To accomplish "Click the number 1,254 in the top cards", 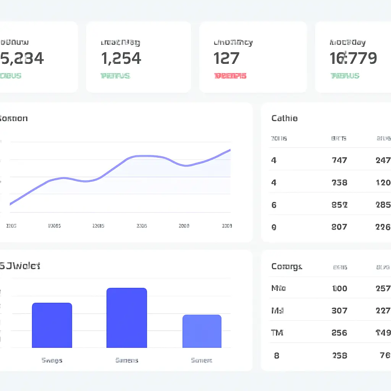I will [x=121, y=58].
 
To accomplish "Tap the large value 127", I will [x=226, y=58].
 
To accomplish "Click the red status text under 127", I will [x=230, y=76].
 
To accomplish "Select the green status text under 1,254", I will [x=115, y=76].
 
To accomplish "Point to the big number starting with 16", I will [x=353, y=58].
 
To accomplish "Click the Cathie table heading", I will [x=284, y=118].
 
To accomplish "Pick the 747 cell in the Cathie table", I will [x=339, y=160].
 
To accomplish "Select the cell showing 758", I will [x=339, y=183].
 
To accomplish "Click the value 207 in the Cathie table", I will [x=339, y=227].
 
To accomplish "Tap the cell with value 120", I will [x=383, y=183].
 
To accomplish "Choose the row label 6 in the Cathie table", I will [x=274, y=205].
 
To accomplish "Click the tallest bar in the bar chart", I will [x=126, y=318].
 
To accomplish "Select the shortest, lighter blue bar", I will [x=202, y=331].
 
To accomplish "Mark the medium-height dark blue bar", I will [x=52, y=325].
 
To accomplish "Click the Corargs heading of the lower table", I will [x=286, y=267].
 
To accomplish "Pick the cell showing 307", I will [x=339, y=311].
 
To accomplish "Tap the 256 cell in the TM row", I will [x=339, y=333].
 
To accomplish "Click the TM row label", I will [x=277, y=333].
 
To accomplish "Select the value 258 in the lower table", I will [x=339, y=355].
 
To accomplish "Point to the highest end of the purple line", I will [x=230, y=150].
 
